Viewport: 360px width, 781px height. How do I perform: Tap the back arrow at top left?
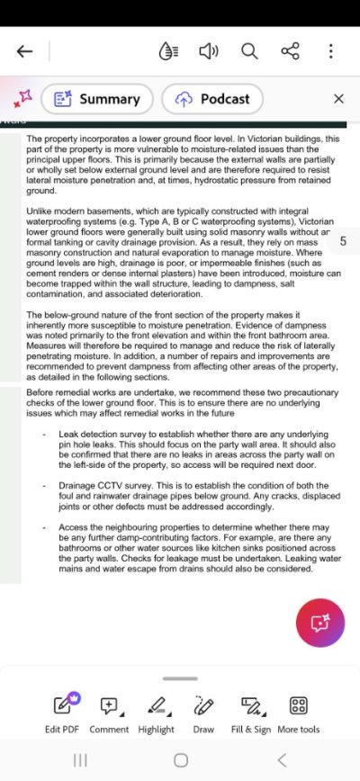[24, 51]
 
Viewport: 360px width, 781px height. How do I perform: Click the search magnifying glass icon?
[249, 51]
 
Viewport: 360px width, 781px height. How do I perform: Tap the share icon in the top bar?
[290, 51]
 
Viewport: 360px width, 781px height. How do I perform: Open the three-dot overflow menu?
[330, 51]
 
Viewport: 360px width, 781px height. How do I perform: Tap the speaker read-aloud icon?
[209, 51]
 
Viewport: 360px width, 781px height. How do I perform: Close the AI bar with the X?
[338, 99]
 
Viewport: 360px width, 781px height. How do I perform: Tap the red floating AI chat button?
[319, 623]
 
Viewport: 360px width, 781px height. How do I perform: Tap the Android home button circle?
[181, 760]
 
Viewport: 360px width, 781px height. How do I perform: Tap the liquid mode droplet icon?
[167, 51]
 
